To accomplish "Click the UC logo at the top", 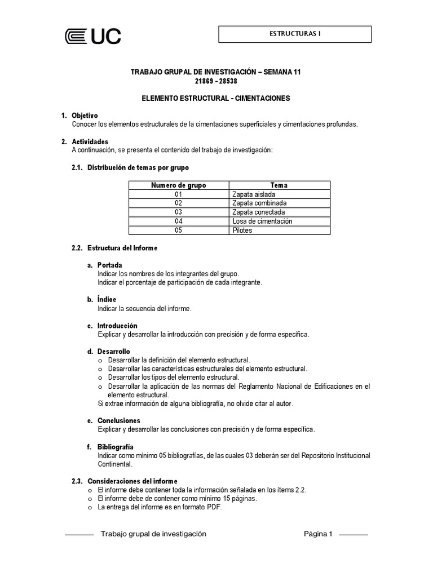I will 92,37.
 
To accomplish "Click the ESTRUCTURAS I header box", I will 295,34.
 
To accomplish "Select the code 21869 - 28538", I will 215,81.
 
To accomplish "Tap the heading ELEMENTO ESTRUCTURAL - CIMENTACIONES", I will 215,98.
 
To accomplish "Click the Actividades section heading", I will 90,141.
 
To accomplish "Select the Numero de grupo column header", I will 179,185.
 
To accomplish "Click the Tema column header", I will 279,185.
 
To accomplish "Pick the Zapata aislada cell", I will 254,194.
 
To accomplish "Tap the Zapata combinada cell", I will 259,203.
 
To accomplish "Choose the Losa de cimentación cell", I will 262,221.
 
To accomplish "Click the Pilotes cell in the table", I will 242,230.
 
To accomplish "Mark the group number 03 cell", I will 179,212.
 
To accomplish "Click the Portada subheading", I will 109,265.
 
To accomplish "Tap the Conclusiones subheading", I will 118,420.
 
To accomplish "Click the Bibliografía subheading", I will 115,447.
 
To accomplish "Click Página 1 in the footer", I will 319,534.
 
